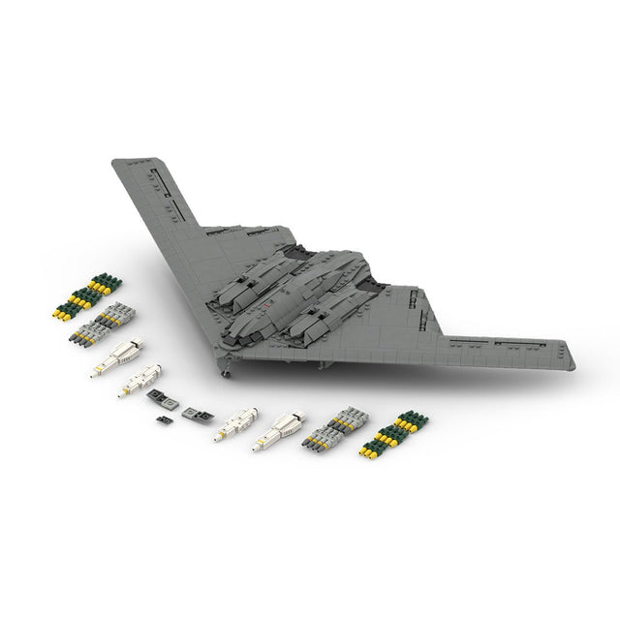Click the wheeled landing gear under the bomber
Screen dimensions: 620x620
pyautogui.click(x=226, y=371)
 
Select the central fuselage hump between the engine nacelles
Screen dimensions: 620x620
pyautogui.click(x=295, y=293)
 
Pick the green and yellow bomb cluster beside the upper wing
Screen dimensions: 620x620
pyautogui.click(x=87, y=297)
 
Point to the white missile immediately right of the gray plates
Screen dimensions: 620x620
pyautogui.click(x=235, y=423)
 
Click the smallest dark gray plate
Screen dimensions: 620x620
pyautogui.click(x=162, y=420)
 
